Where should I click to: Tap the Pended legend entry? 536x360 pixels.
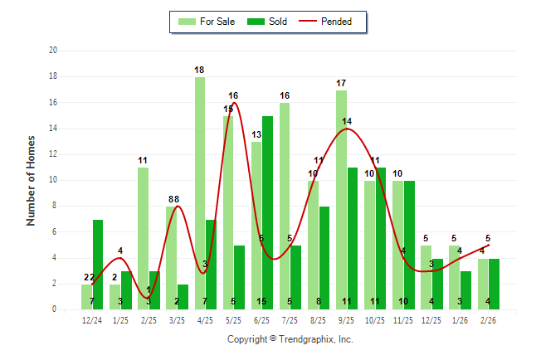[333, 22]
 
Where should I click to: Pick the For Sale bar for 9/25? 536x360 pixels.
[341, 200]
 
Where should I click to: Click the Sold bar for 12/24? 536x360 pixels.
[98, 265]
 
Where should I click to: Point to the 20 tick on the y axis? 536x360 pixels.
[52, 51]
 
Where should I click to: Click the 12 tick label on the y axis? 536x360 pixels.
[52, 154]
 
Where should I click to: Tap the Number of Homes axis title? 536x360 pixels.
[32, 180]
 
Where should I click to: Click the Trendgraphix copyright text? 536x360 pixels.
[290, 339]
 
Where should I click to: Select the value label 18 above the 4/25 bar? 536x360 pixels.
[200, 70]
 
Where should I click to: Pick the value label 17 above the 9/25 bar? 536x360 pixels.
[341, 83]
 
